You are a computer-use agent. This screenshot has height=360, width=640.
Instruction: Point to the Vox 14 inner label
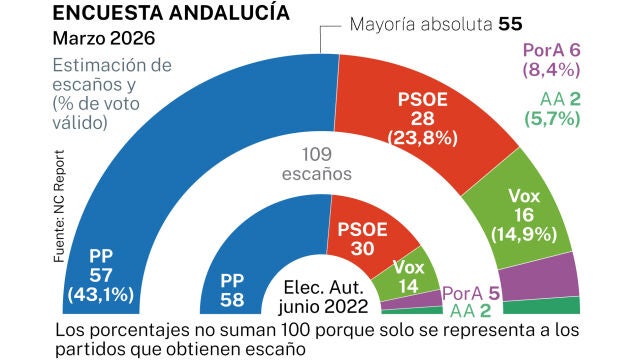tap(408, 276)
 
